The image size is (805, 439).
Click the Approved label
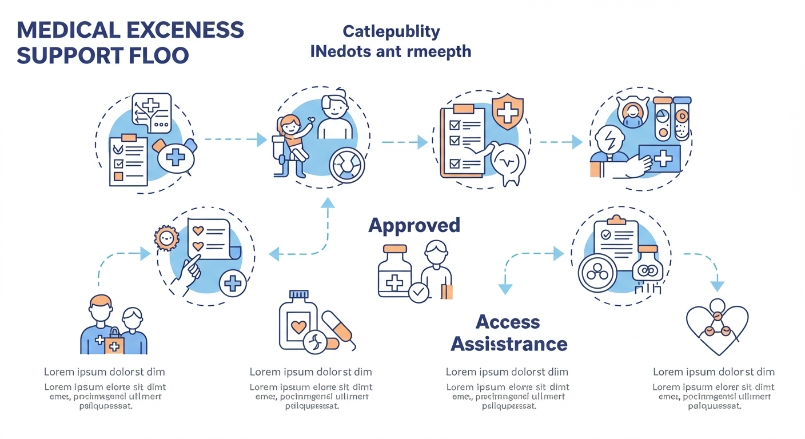point(414,225)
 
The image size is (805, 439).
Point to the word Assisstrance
point(509,344)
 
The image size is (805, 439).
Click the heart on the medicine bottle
point(298,328)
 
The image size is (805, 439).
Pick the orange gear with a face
point(167,238)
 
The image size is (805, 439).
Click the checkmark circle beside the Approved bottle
point(419,292)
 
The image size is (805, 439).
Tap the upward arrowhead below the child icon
point(328,201)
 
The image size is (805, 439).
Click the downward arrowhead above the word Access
point(505,289)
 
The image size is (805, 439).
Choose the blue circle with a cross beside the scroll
point(233,283)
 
